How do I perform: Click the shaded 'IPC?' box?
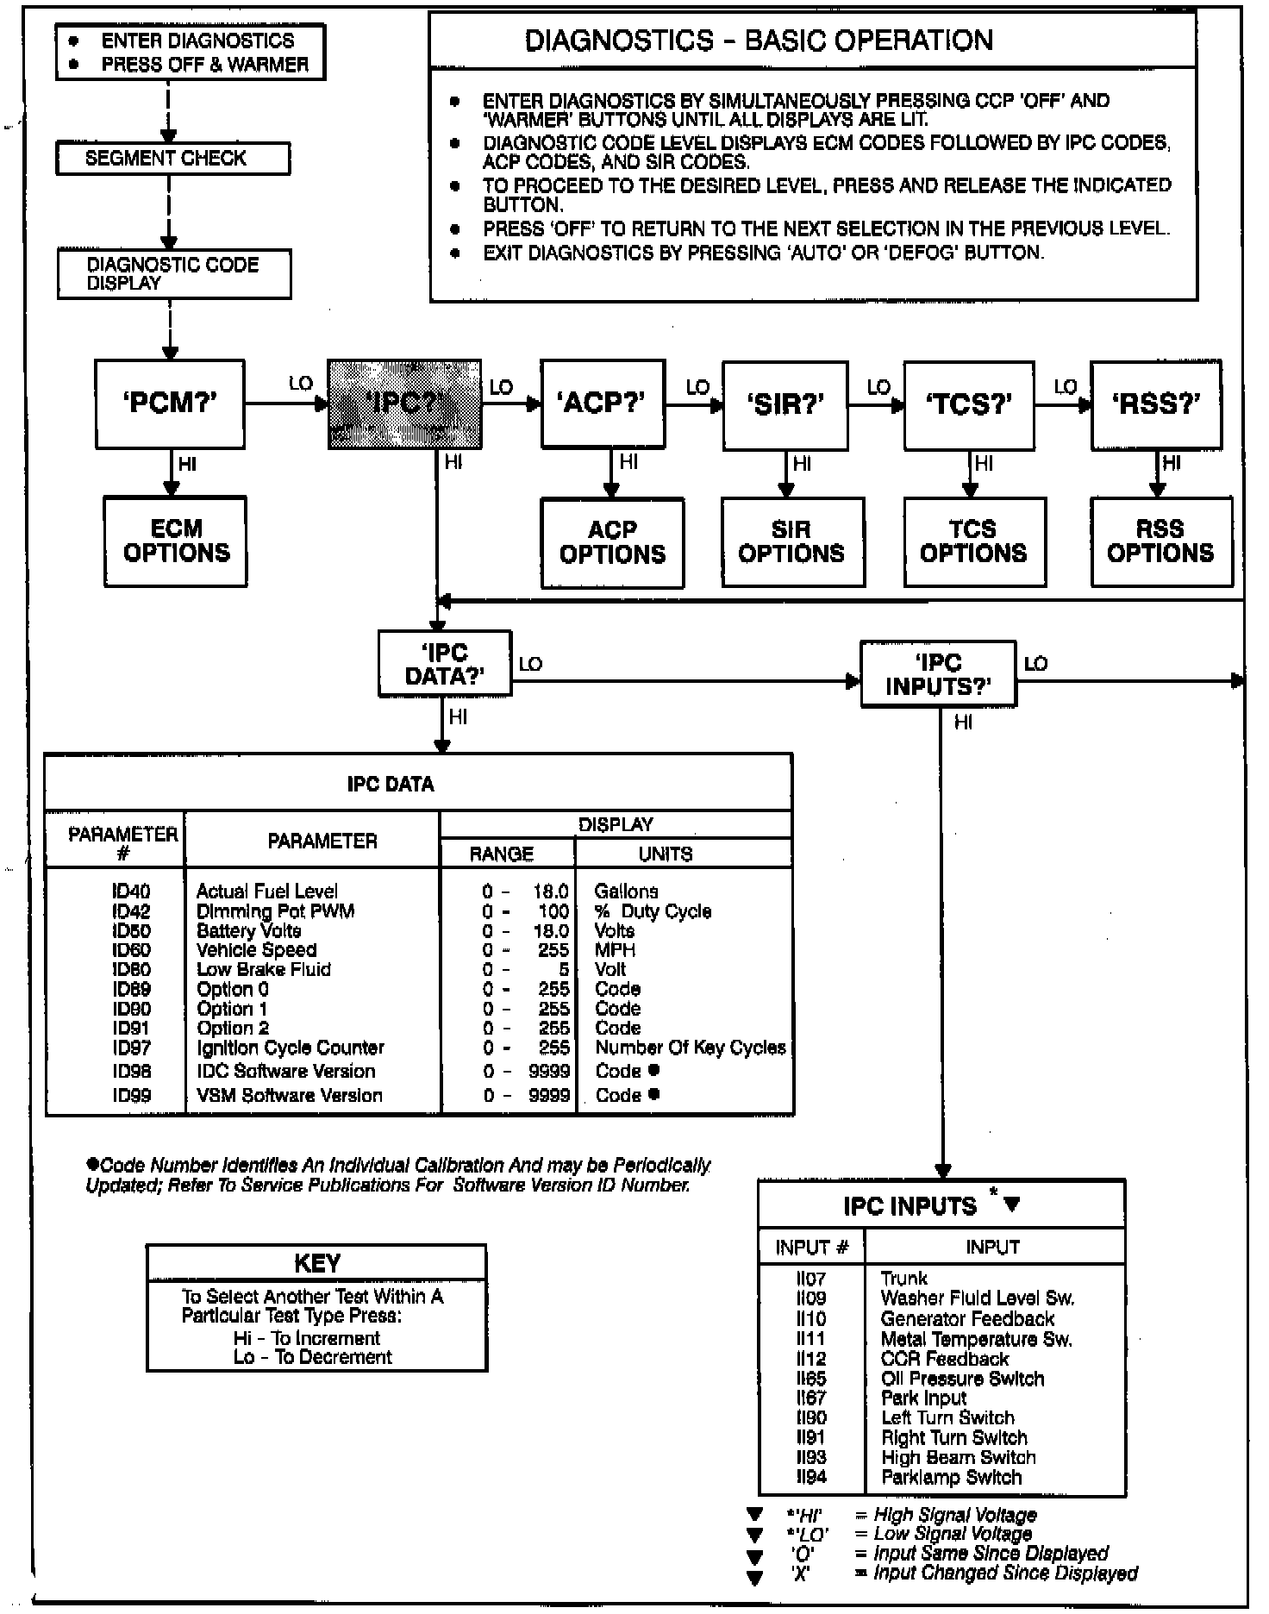coord(403,404)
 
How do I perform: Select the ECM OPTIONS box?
coord(176,541)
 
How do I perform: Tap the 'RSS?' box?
coord(1155,404)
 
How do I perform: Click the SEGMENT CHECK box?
coord(172,159)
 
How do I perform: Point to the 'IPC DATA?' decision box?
coord(445,664)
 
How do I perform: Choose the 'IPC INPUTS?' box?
coord(938,674)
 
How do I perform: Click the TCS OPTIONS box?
coord(974,541)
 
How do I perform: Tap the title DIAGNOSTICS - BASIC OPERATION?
coord(759,41)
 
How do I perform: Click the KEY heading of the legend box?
coord(316,1263)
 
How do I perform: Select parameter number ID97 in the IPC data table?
coord(131,1048)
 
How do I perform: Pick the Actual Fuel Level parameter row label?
coord(267,891)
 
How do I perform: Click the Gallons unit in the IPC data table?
coord(626,891)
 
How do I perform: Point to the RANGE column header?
coord(502,854)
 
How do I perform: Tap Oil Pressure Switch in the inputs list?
coord(962,1379)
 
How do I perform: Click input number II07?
coord(811,1279)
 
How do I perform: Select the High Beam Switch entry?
coord(958,1457)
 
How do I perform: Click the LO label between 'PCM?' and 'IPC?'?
coord(300,384)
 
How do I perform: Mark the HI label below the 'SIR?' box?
coord(802,464)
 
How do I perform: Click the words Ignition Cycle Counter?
coord(291,1048)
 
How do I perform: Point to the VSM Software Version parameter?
coord(290,1095)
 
